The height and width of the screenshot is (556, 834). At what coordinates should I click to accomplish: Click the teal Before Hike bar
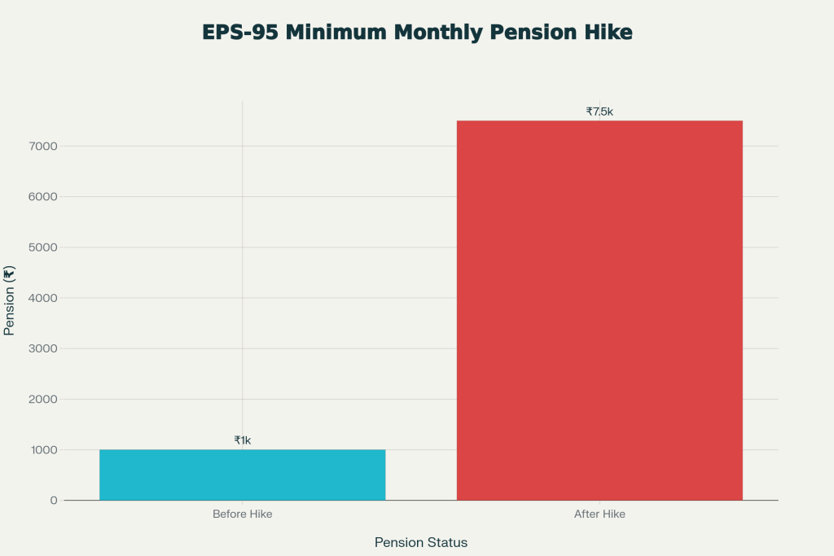click(242, 475)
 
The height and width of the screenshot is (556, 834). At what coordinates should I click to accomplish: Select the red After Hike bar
click(599, 310)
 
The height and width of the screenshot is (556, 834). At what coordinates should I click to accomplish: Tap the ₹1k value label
click(243, 440)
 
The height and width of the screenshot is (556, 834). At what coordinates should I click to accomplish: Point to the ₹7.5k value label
click(599, 112)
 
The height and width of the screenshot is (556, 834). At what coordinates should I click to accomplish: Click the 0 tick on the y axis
click(52, 501)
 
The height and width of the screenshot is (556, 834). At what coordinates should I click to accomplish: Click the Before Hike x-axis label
click(242, 514)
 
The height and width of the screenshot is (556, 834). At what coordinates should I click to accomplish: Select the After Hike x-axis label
click(599, 514)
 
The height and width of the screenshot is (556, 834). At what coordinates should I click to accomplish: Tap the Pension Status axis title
click(421, 542)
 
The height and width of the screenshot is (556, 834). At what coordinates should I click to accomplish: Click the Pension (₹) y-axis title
click(10, 300)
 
